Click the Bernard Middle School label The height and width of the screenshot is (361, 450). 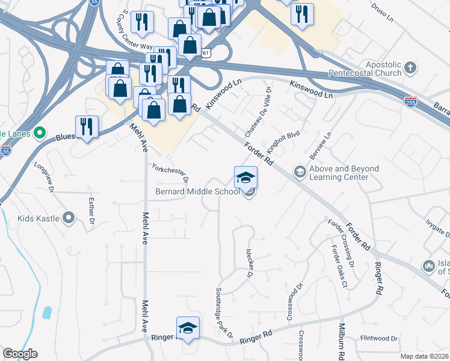point(197,192)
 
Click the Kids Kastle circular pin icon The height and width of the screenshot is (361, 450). point(69,218)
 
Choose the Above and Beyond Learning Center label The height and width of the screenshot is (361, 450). point(345,173)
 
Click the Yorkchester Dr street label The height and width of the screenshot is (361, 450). point(171,174)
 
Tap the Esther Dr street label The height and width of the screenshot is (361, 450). point(91,212)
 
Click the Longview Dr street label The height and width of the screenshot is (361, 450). point(44,175)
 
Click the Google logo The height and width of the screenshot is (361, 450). point(20,354)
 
